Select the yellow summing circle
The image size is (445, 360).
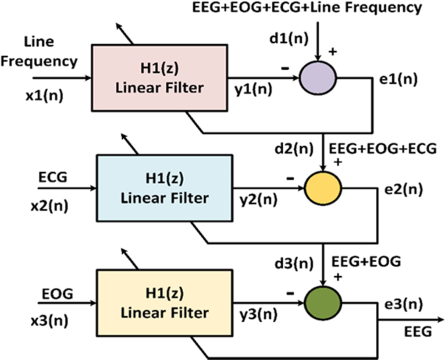(324, 188)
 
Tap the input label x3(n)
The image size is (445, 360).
(49, 321)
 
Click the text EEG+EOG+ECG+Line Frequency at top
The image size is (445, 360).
(307, 8)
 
